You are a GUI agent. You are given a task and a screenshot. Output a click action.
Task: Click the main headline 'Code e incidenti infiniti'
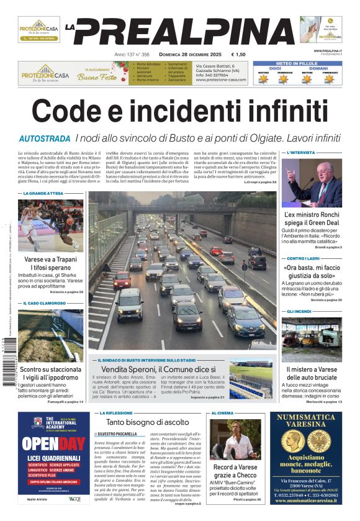coord(179,111)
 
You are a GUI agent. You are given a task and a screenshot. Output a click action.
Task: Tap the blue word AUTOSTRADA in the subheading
coord(45,138)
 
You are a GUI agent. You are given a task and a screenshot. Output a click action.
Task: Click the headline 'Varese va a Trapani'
coord(50,259)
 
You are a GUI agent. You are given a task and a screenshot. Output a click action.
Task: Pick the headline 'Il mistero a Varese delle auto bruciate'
coord(313,374)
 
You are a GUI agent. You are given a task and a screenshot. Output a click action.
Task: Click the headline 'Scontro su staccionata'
coord(51,369)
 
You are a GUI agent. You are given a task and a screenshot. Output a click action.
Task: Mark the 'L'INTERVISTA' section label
coord(300,152)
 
